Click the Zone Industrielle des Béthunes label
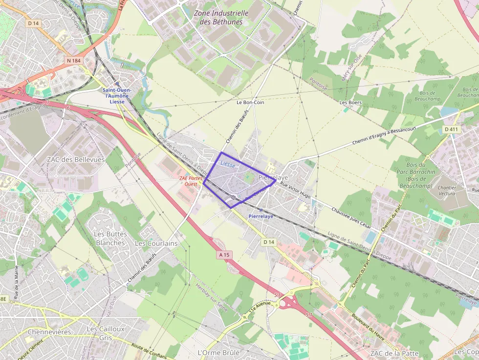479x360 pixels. point(221,18)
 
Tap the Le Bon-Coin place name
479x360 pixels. point(250,103)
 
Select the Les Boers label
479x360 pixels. point(350,103)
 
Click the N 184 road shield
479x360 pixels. point(73,60)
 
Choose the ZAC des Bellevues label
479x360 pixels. point(76,160)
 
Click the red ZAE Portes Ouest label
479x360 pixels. point(190,181)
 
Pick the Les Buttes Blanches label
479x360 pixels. point(110,238)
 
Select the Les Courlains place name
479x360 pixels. point(156,243)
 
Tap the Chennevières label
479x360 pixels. point(49,332)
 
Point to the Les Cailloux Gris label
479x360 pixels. point(105,333)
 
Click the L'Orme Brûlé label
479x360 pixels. point(218,352)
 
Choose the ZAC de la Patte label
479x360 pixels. point(394,353)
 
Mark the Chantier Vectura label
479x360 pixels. point(447,191)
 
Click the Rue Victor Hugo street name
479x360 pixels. point(295,189)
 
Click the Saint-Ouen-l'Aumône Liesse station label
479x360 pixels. point(117,96)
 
